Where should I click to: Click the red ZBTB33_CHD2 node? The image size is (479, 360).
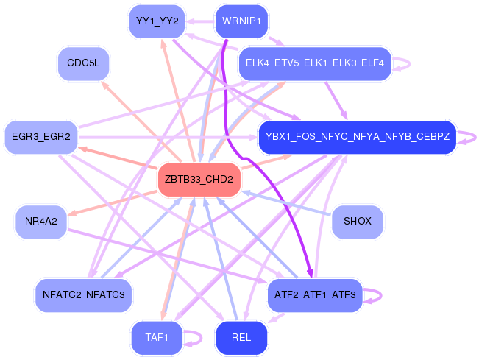(199, 180)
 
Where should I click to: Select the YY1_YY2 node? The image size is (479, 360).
(157, 21)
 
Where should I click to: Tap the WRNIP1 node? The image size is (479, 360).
(241, 21)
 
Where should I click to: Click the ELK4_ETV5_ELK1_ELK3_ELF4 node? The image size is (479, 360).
(314, 63)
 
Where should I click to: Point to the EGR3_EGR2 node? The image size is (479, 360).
(41, 137)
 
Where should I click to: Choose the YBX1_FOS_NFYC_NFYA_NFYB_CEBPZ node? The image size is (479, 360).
(358, 136)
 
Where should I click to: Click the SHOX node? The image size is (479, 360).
(358, 220)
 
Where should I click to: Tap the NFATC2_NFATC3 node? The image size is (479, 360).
(84, 295)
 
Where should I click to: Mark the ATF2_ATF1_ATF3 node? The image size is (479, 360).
(314, 295)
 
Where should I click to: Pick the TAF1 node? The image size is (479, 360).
(157, 337)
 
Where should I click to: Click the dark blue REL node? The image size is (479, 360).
(241, 337)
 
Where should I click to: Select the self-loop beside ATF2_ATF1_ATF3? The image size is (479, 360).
(374, 295)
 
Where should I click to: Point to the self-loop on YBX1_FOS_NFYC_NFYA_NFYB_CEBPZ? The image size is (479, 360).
(468, 136)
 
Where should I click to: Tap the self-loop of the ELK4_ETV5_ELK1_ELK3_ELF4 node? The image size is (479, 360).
(402, 63)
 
